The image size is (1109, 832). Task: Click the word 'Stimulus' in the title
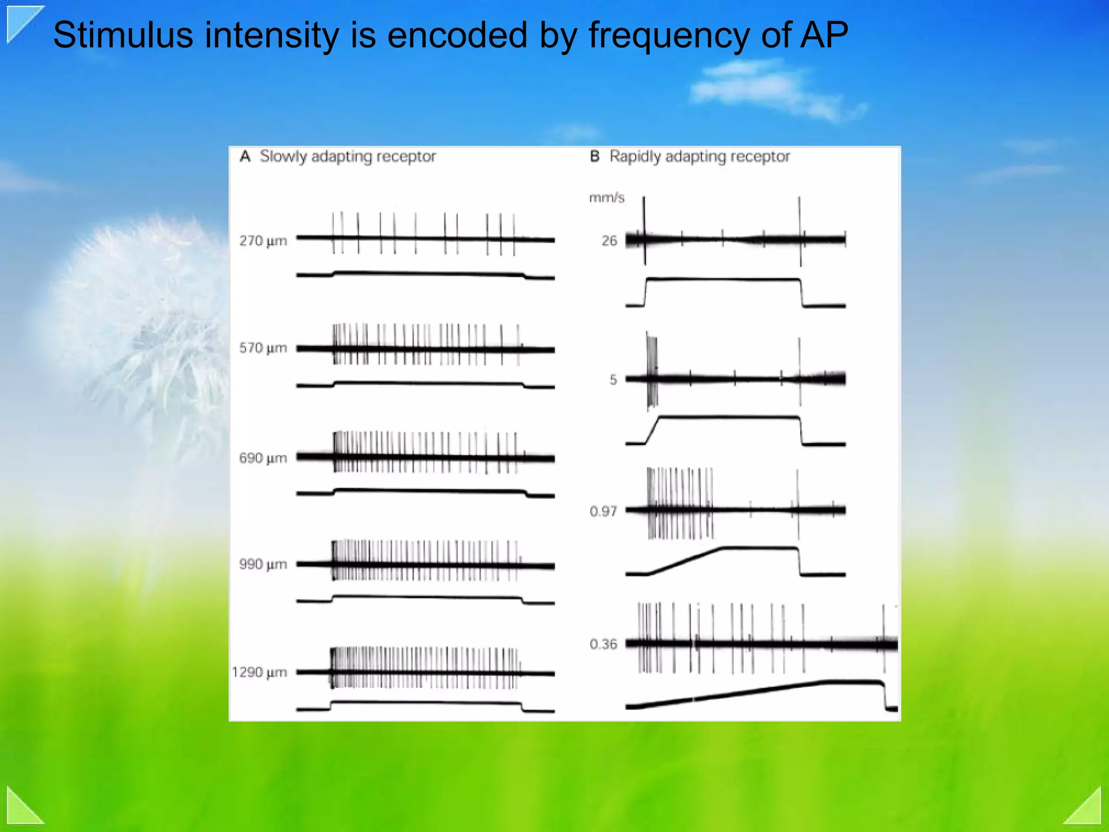123,35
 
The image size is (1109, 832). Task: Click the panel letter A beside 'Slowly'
245,157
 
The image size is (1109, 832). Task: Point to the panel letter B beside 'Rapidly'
595,157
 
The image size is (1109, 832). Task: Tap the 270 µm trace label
263,240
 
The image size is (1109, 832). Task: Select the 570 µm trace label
263,348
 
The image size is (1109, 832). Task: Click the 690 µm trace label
263,458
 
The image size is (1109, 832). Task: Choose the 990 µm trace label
263,564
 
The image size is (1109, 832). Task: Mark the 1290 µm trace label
259,672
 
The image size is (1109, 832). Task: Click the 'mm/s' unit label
606,198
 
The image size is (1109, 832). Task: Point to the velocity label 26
609,240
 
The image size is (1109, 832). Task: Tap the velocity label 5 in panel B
613,380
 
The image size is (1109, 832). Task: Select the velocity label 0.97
603,511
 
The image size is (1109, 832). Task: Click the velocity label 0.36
603,644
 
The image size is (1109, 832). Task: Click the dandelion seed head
146,303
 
